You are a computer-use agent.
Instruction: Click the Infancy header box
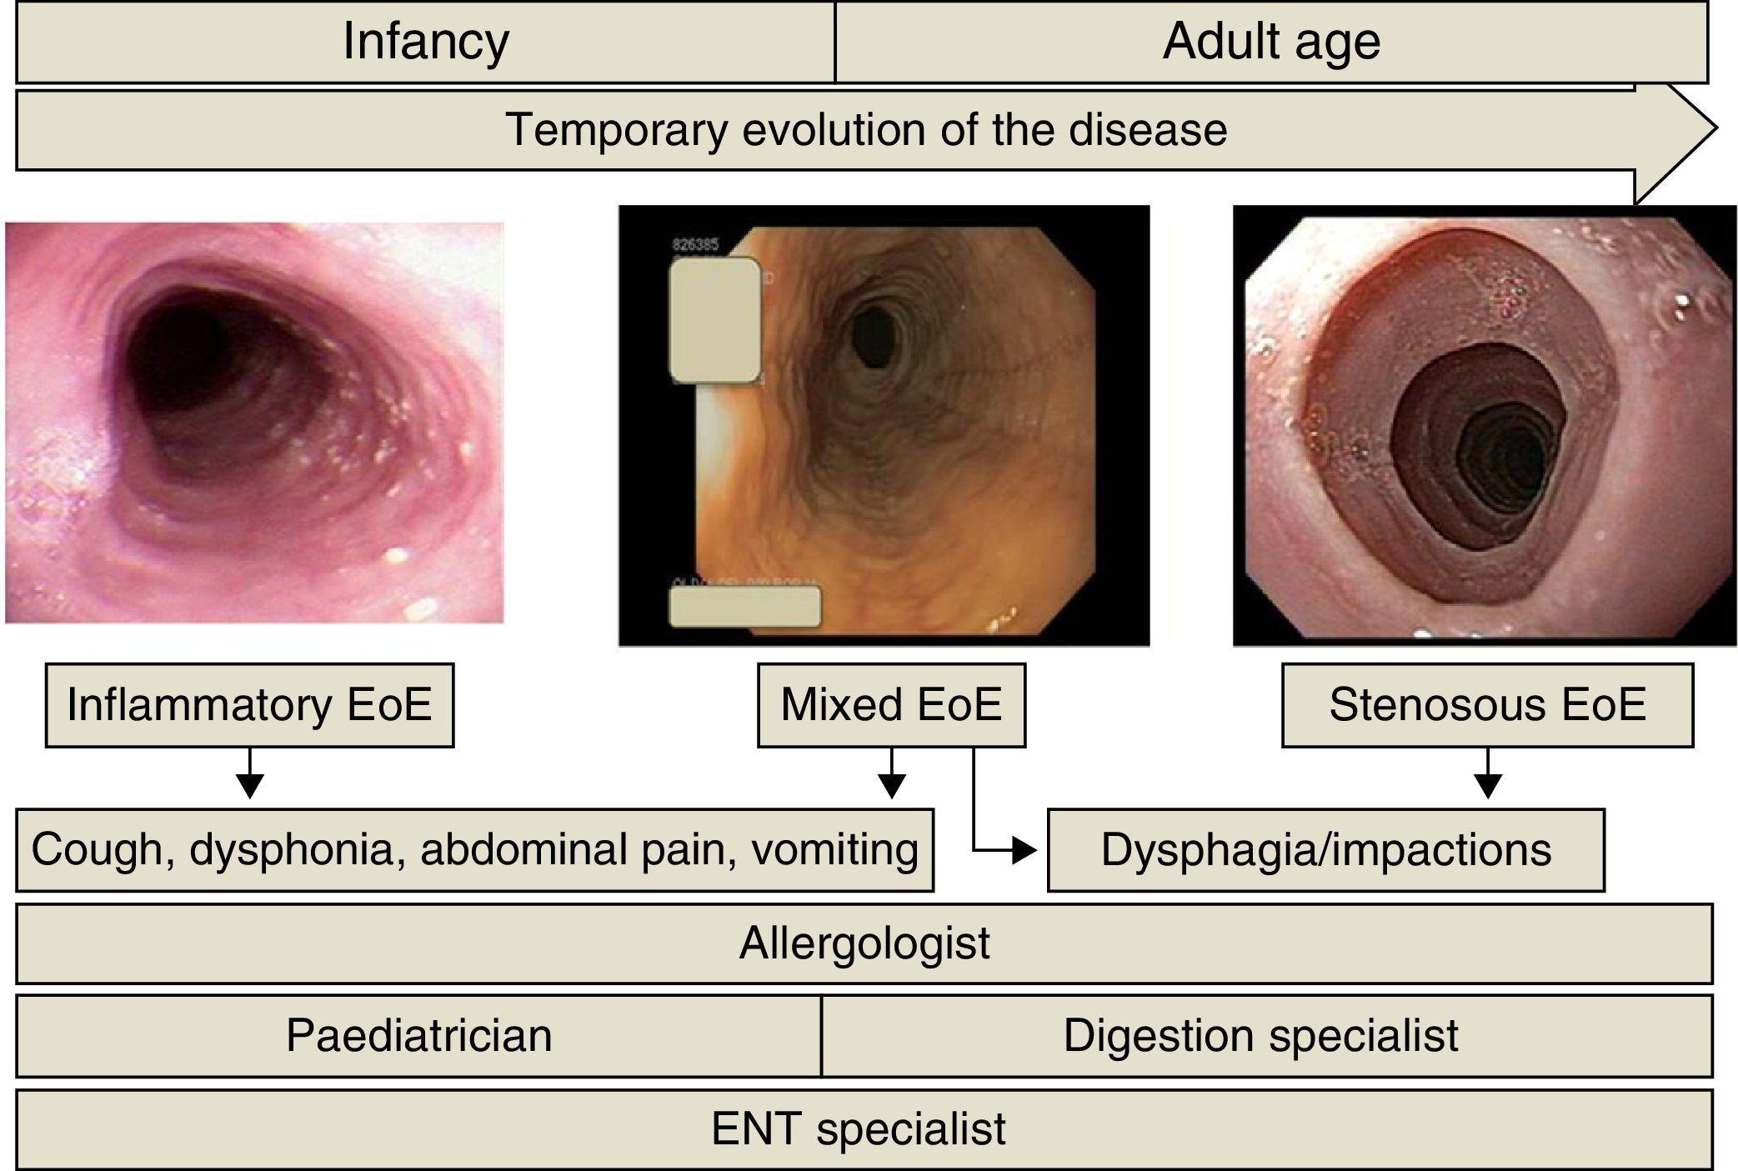pos(425,42)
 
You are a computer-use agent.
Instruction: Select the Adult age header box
pos(1270,42)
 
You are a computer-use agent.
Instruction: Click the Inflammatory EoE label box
pos(249,705)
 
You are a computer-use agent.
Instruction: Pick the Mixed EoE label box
pos(890,705)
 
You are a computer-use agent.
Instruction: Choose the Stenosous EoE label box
pos(1487,705)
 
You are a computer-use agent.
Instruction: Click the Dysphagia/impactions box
pos(1325,850)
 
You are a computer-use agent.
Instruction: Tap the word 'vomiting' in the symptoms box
pos(834,850)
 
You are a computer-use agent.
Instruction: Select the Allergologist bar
pos(864,943)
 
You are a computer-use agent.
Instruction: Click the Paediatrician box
pos(418,1036)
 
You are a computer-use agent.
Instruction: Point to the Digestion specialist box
pos(1260,1036)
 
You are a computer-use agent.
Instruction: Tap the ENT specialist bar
pos(859,1129)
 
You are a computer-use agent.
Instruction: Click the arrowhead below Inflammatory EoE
pos(249,786)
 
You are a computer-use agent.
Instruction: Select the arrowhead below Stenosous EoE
pos(1487,786)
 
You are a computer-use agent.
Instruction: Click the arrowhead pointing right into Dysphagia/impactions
pos(1024,851)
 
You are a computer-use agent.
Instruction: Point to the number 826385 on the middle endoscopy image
pos(694,245)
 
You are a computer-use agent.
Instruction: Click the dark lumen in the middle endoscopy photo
pos(874,336)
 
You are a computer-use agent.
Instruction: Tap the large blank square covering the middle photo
pos(715,320)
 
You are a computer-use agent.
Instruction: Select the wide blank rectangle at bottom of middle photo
pos(744,607)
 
